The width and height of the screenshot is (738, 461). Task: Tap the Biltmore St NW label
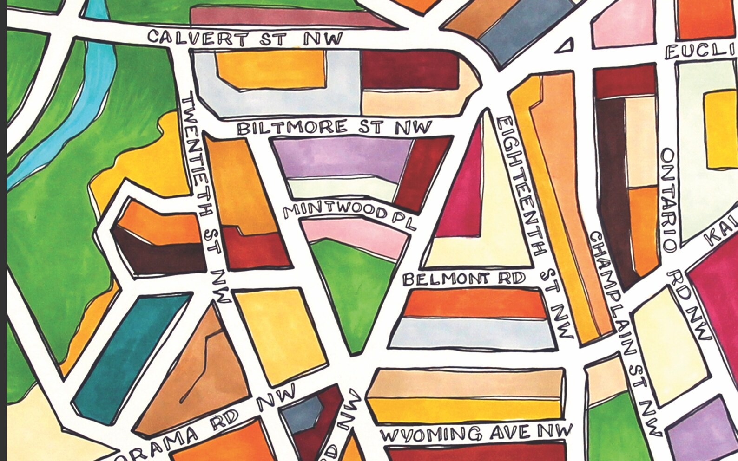pos(334,127)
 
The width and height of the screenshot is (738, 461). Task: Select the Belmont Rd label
pos(464,279)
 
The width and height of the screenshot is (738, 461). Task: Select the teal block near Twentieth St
pos(130,353)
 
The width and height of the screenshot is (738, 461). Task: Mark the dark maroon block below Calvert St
pos(409,70)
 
